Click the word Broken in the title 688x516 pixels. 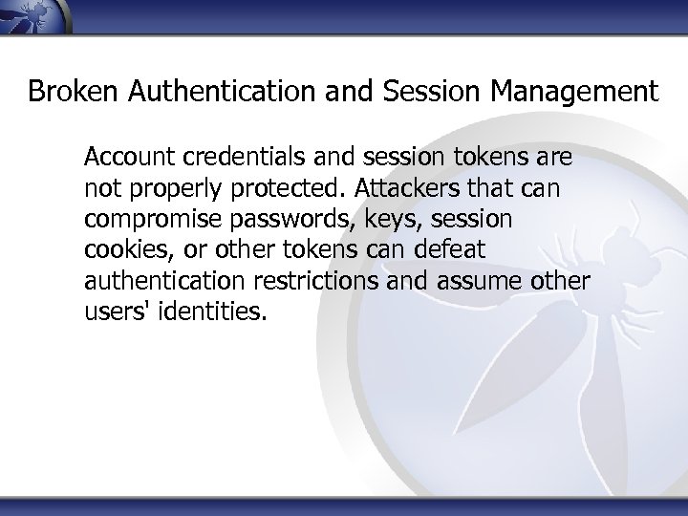(x=67, y=92)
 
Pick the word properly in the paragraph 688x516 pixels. (x=165, y=186)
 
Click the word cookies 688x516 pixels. (x=119, y=251)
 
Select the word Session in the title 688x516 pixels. (x=437, y=92)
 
